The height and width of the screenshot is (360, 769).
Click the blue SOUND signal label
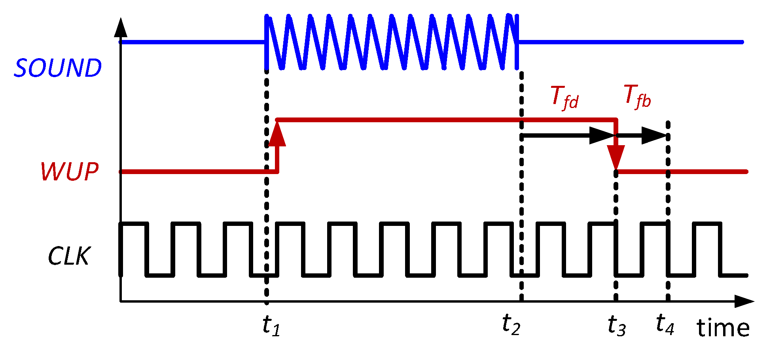point(58,68)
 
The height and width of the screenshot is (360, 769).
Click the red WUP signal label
point(70,172)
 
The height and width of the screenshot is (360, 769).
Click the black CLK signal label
point(69,256)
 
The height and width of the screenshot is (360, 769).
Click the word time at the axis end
point(723,328)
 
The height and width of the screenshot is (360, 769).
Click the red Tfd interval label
point(564,97)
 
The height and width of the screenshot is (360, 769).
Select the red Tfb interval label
point(637,96)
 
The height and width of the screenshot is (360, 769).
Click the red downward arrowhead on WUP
point(616,157)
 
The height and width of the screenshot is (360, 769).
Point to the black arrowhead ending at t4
point(654,136)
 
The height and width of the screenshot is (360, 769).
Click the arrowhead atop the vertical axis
point(121,28)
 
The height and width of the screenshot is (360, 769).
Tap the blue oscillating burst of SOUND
point(392,42)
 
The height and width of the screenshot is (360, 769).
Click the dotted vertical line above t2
point(521,186)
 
